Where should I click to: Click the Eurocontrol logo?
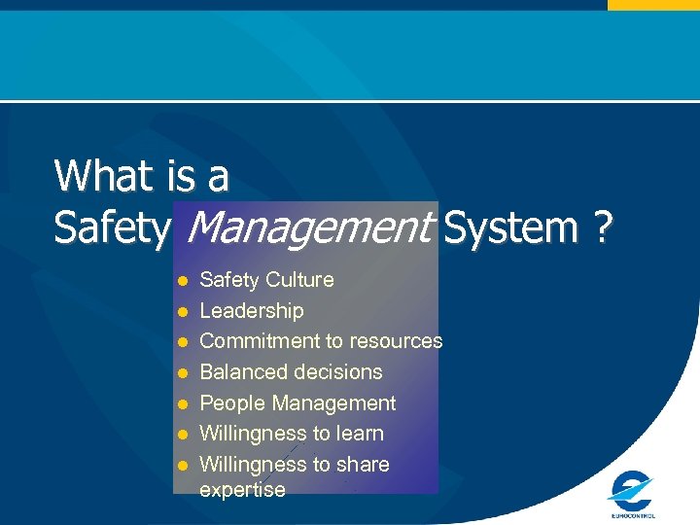(632, 494)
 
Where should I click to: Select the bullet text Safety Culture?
(266, 280)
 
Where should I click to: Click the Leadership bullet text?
(252, 311)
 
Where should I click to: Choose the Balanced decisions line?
(291, 372)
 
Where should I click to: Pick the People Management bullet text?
(297, 403)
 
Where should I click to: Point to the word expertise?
(242, 490)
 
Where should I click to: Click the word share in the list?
(364, 465)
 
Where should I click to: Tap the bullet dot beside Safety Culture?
(182, 282)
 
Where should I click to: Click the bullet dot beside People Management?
(182, 404)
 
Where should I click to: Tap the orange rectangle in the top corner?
(653, 5)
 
